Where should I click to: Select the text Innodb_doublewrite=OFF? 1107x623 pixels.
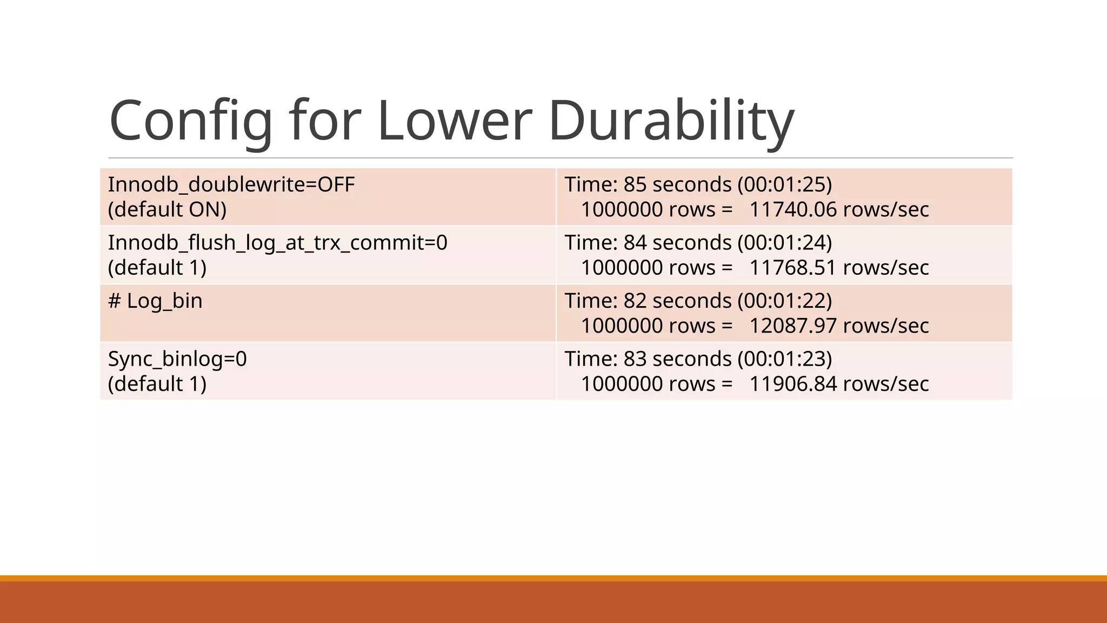tap(231, 184)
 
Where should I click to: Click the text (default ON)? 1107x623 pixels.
tap(167, 209)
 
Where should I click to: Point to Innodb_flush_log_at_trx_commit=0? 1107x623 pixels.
tap(277, 242)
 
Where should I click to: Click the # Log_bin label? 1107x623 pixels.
tap(155, 301)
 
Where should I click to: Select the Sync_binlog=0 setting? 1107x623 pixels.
tap(177, 359)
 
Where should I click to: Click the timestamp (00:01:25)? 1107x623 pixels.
tap(785, 184)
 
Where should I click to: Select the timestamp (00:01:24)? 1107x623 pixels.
tap(785, 242)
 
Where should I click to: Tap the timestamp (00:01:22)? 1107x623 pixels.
tap(785, 301)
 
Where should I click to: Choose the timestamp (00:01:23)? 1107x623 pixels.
tap(785, 359)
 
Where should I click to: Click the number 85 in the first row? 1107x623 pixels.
tap(635, 184)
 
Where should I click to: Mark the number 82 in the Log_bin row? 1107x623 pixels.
tap(635, 301)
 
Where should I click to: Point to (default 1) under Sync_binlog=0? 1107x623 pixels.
tap(157, 384)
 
